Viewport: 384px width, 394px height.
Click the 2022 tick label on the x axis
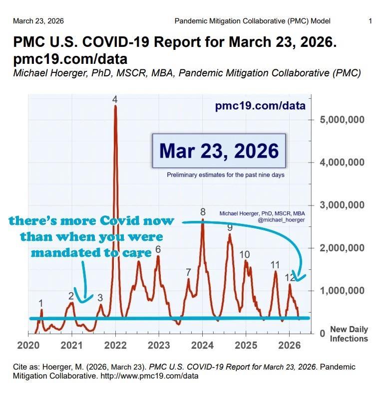click(x=115, y=346)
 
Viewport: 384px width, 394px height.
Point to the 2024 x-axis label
click(x=202, y=346)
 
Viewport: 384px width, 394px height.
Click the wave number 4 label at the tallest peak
click(x=115, y=99)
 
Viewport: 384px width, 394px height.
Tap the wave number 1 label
click(x=41, y=303)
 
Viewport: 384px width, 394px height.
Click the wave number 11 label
click(x=275, y=265)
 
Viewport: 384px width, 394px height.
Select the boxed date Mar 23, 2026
click(x=219, y=151)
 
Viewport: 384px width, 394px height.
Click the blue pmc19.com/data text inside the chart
click(x=260, y=106)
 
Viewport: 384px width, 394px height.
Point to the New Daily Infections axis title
click(x=349, y=334)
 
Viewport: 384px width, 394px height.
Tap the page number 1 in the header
click(x=370, y=21)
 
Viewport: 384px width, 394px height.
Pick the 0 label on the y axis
click(x=323, y=333)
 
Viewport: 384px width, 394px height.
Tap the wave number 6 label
click(x=158, y=249)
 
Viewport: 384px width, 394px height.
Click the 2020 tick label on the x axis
click(x=28, y=346)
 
